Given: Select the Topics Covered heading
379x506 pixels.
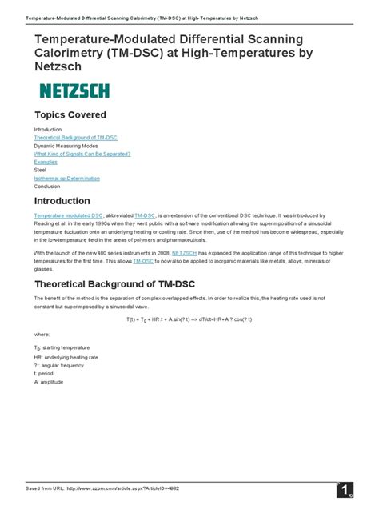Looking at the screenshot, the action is click(70, 115).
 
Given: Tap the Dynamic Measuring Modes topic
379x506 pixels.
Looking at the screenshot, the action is click(66, 147).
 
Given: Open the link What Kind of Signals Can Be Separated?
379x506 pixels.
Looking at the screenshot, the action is click(82, 155).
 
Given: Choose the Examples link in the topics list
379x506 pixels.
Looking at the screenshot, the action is click(46, 163).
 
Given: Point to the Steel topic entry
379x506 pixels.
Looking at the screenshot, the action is click(41, 171).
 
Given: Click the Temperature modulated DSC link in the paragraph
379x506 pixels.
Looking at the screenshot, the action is click(68, 216).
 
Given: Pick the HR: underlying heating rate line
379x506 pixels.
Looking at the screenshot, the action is click(66, 358).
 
